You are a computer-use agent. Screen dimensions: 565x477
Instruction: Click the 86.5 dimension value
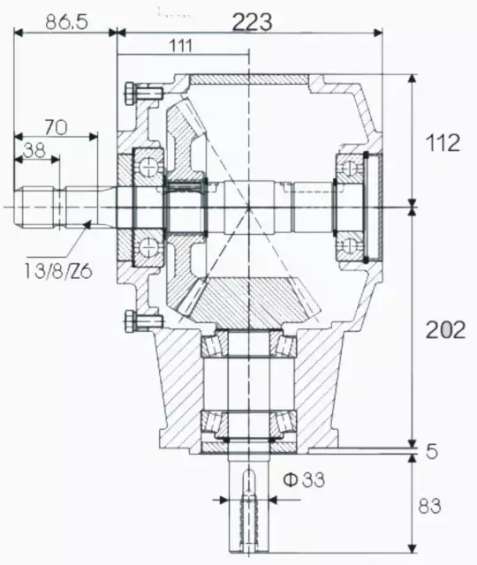click(x=67, y=22)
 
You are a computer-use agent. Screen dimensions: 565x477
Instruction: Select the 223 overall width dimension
click(x=252, y=20)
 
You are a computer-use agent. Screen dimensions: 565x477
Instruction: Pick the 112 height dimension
click(x=442, y=142)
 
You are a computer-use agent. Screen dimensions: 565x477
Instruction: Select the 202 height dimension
click(x=445, y=330)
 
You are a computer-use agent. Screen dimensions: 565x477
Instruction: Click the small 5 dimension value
click(x=432, y=452)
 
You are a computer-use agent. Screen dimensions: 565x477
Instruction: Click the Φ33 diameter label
click(x=304, y=480)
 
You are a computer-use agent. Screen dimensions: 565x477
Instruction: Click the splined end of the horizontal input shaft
click(x=40, y=206)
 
